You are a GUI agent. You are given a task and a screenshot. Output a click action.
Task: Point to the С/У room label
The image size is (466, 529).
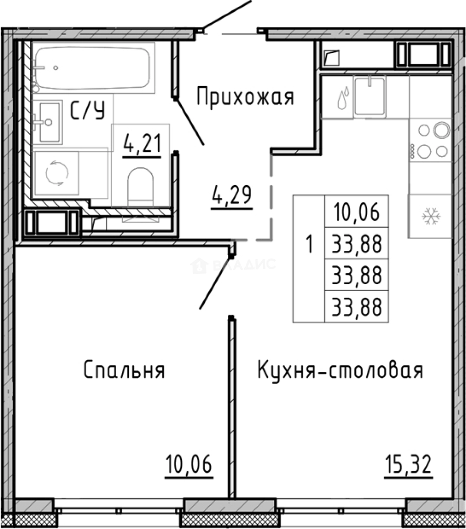point(88,111)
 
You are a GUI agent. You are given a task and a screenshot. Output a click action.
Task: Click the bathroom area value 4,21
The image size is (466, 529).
point(142,145)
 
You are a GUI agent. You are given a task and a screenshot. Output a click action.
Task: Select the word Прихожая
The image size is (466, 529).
point(245,96)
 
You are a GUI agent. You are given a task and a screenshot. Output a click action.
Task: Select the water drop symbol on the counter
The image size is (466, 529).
point(343,98)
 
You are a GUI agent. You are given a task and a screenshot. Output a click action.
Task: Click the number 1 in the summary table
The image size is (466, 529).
point(309,243)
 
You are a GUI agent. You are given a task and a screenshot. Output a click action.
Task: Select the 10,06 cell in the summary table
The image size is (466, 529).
point(356,212)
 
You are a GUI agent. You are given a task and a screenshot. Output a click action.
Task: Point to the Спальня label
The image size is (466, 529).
point(124,370)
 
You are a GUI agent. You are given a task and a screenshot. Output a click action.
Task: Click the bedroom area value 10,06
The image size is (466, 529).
point(189,464)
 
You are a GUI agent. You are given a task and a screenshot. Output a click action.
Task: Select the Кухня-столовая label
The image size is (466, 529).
point(340,370)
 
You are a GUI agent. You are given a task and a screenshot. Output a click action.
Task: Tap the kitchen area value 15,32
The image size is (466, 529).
point(408,464)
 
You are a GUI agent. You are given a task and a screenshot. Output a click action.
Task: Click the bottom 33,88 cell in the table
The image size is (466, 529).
point(356,307)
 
